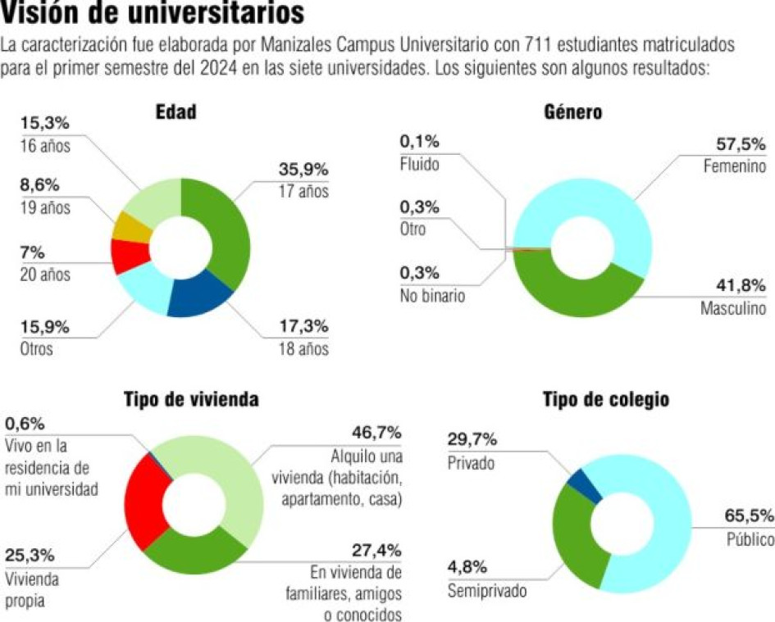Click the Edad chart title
(176, 112)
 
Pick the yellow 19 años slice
(130, 227)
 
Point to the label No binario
(432, 296)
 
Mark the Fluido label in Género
(419, 164)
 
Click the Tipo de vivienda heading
(192, 399)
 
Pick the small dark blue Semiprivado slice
(585, 482)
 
